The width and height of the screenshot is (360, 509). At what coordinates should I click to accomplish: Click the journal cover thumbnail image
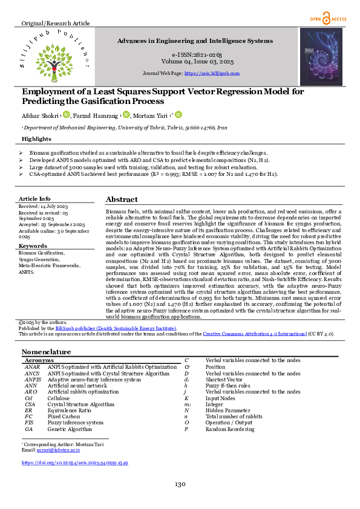(x=321, y=56)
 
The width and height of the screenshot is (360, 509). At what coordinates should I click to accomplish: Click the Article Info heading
(x=34, y=198)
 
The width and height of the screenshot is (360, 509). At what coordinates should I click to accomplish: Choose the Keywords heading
(x=33, y=246)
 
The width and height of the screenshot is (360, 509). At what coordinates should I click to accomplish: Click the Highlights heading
(x=36, y=138)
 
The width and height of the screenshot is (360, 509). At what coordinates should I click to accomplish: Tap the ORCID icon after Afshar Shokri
(x=67, y=114)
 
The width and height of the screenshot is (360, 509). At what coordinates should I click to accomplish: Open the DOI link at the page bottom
(x=74, y=462)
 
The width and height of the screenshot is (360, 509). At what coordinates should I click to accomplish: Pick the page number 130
(x=180, y=484)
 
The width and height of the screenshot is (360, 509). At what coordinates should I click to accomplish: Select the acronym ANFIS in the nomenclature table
(x=33, y=380)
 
